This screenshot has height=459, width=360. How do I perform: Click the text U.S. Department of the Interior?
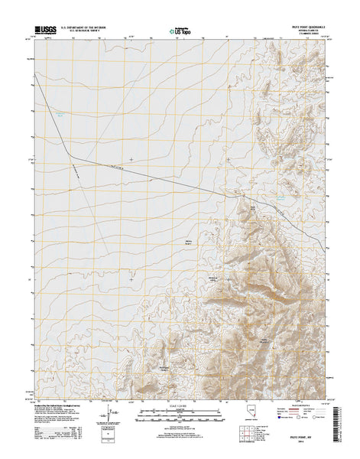79,28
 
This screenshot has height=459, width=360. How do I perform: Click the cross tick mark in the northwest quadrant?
131,159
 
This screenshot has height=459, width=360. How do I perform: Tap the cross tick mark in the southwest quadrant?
131,278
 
